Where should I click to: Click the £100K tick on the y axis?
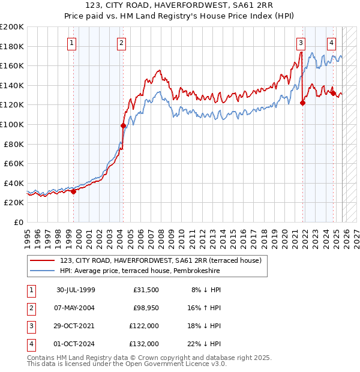tap(12, 124)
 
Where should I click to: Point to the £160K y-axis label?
tap(12, 65)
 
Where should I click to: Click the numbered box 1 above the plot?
tap(71, 43)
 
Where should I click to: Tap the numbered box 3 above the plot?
tap(301, 43)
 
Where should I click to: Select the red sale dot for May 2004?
tap(123, 125)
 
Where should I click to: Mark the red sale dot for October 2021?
tap(302, 103)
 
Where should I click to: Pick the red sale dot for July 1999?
tap(74, 191)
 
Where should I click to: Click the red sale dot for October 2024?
tap(333, 93)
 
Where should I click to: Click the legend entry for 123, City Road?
tap(160, 261)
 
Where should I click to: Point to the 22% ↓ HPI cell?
tap(207, 344)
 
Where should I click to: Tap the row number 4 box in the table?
tap(31, 344)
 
